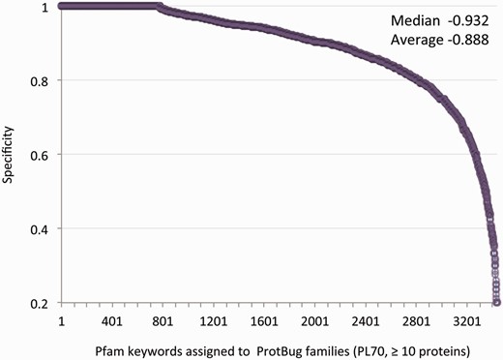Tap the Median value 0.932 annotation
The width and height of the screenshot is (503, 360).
459,20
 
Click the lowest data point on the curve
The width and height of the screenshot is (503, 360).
496,301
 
